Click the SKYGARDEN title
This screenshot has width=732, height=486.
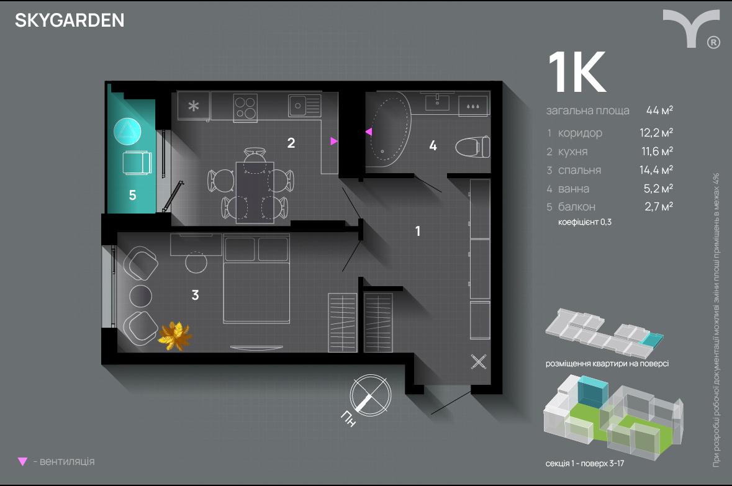coord(70,20)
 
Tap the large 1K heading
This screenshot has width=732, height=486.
coord(577,72)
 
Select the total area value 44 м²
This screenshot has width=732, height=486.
coord(659,110)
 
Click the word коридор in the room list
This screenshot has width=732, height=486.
coord(580,133)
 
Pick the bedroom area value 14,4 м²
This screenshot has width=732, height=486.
coord(656,170)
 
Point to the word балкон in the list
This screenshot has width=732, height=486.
coord(577,207)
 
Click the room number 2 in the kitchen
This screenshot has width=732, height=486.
coord(291,143)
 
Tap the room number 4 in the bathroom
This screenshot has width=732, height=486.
coord(433,146)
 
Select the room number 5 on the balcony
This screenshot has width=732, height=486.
coord(133,195)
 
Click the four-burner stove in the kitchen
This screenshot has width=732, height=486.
coord(245,107)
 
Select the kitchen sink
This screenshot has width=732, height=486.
coord(304,106)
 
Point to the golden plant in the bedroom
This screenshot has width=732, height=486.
coord(174,335)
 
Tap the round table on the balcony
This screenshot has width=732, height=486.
coord(127,132)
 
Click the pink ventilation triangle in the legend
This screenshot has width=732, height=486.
coord(22,462)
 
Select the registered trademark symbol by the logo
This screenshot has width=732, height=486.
coord(713,42)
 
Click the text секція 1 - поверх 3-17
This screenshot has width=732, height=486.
coord(584,464)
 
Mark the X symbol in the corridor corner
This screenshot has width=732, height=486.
coord(478,362)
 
